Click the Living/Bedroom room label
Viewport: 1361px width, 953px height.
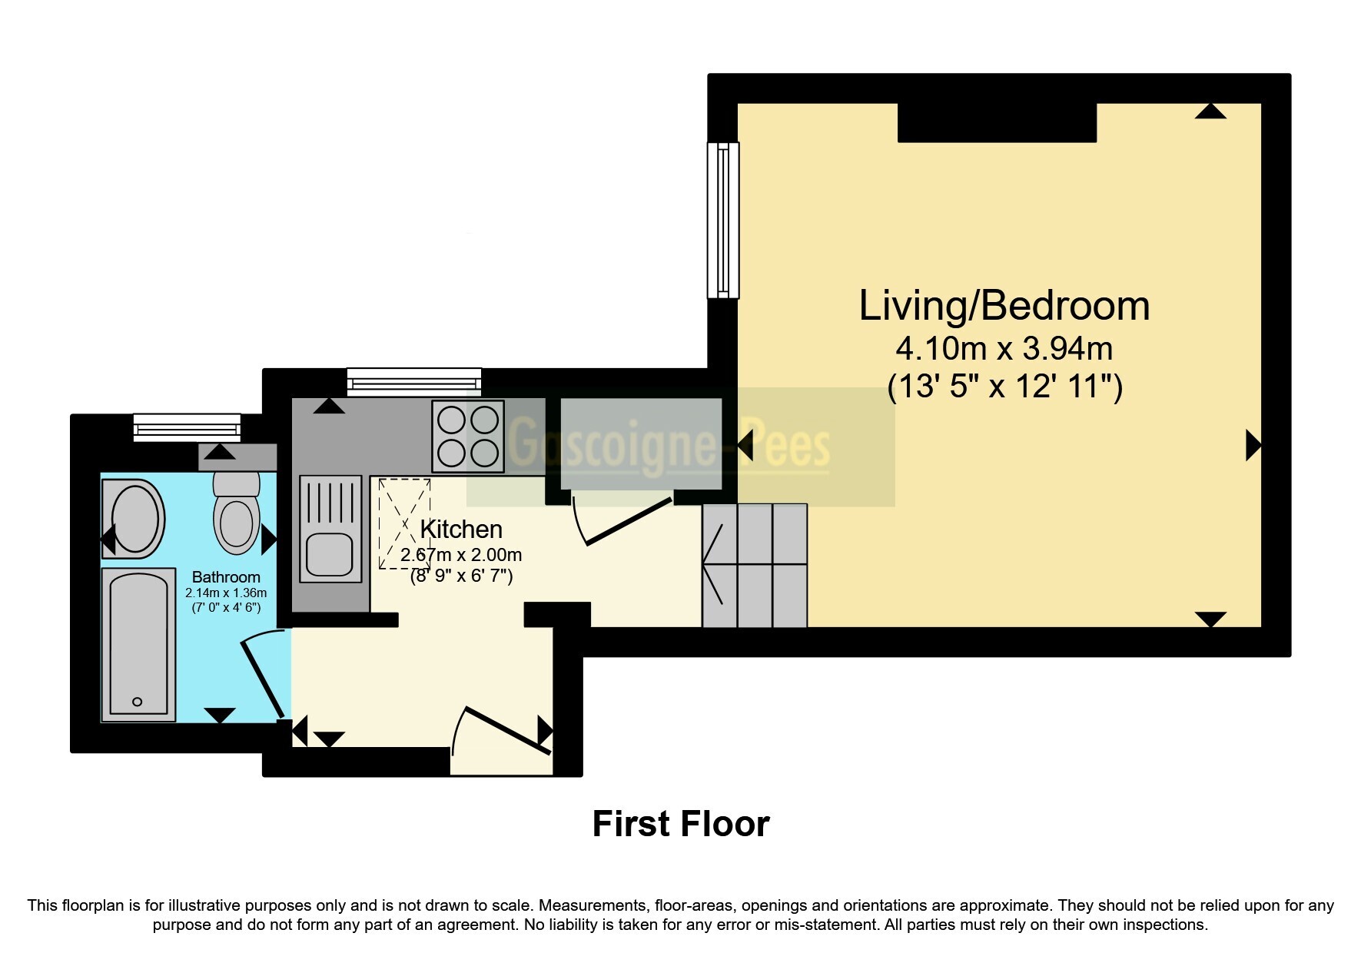[1004, 306]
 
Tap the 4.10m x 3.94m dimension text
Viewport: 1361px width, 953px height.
[1004, 349]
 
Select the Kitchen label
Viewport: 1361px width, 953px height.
[461, 529]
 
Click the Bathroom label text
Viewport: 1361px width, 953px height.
[226, 577]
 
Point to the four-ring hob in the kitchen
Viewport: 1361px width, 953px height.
[468, 437]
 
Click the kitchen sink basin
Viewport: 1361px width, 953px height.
[329, 553]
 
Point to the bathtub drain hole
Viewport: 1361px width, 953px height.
[138, 702]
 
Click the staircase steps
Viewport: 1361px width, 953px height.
[755, 565]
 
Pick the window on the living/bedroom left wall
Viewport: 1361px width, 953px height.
[723, 220]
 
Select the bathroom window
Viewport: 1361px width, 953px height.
[187, 427]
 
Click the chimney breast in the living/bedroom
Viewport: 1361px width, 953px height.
[997, 123]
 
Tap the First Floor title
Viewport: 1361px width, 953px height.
[681, 824]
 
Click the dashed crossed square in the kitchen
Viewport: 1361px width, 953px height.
[404, 523]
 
